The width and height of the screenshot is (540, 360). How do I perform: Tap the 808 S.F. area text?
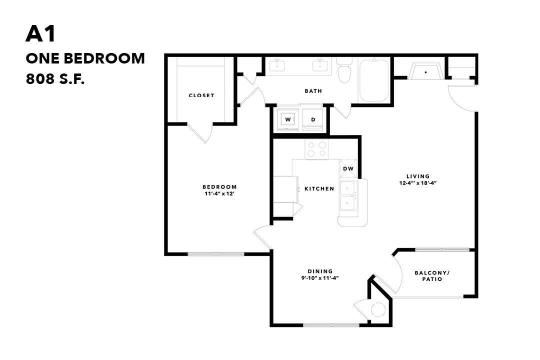(x=55, y=78)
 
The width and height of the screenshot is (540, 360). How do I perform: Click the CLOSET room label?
(x=201, y=95)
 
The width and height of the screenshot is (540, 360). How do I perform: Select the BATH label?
(x=313, y=91)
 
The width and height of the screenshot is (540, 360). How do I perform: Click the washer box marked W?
(x=288, y=119)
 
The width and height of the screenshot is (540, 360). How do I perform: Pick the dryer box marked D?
(x=313, y=119)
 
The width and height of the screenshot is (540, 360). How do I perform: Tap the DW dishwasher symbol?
(x=348, y=168)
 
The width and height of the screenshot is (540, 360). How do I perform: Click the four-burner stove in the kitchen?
(x=316, y=148)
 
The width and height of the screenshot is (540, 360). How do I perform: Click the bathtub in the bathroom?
(x=374, y=80)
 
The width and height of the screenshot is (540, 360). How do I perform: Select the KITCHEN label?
(x=319, y=188)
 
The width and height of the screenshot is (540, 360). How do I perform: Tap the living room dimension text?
(x=418, y=183)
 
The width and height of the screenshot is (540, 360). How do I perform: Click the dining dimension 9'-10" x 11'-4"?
(x=320, y=278)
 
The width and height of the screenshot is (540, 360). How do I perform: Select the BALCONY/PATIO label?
(x=432, y=276)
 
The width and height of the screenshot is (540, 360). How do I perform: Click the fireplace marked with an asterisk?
(x=426, y=71)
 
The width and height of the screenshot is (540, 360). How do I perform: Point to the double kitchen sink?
(x=348, y=196)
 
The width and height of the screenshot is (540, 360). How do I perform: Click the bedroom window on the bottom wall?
(x=216, y=254)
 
